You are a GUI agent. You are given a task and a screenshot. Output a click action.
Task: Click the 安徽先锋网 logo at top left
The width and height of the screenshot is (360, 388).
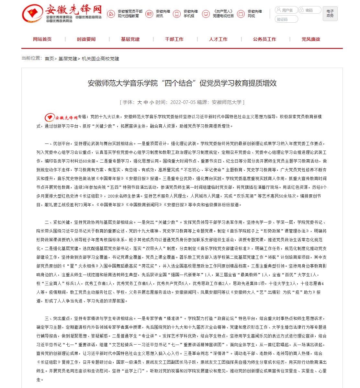click(62, 14)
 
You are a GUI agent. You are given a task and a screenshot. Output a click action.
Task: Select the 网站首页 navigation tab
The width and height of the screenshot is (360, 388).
click(42, 39)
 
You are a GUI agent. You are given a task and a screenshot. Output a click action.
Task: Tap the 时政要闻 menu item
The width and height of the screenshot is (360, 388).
click(86, 39)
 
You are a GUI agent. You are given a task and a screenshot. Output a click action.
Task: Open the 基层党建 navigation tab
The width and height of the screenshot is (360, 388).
click(130, 39)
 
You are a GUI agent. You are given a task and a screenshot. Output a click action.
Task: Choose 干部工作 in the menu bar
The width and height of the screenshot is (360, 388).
click(174, 39)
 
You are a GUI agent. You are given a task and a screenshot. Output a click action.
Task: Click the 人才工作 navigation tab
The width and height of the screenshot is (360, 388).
click(218, 39)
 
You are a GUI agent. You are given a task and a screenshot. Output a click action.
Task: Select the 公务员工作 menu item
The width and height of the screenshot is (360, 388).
click(264, 39)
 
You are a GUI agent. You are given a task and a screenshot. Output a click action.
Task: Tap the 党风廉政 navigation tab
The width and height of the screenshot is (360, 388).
click(311, 39)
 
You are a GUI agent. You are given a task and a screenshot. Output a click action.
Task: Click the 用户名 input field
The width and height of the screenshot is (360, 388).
click(287, 10)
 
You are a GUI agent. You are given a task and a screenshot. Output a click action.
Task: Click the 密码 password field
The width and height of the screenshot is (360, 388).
click(310, 10)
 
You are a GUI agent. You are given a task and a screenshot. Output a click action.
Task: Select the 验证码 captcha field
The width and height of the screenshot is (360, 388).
click(286, 19)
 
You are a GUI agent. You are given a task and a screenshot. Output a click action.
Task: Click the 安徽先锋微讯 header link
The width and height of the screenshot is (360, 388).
click(158, 14)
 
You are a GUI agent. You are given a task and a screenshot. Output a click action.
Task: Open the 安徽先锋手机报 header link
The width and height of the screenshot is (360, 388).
click(186, 14)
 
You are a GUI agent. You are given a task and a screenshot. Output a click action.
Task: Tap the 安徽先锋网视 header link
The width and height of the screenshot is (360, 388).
click(250, 14)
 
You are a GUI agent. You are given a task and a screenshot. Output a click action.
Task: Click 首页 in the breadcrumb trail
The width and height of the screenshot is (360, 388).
click(49, 59)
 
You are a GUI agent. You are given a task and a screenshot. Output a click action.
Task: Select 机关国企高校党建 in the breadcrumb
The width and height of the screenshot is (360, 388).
click(100, 59)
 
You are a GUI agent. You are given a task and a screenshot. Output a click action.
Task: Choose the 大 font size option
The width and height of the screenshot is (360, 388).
click(140, 102)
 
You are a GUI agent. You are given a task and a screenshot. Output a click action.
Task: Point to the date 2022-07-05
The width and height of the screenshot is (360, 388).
click(183, 102)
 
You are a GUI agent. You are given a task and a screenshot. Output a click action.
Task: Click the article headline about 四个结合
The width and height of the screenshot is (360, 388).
click(182, 83)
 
